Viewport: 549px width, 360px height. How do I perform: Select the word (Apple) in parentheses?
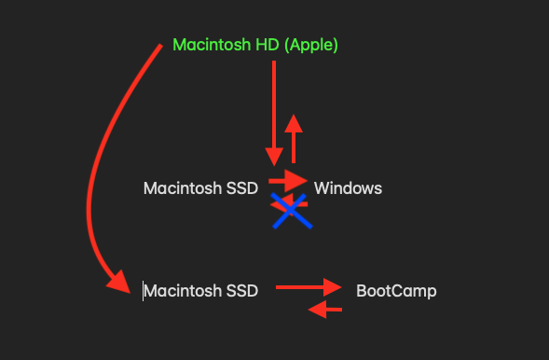pos(311,46)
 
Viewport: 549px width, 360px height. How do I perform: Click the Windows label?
pos(348,188)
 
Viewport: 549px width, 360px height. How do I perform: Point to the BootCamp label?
pos(396,291)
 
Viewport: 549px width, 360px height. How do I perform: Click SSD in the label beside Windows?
pos(242,188)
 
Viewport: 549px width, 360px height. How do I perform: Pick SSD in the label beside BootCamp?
pos(242,291)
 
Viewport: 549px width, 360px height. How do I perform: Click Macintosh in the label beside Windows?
pos(183,188)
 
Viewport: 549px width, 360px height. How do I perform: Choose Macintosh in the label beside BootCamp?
pos(183,291)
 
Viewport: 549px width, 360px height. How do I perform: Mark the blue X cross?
pos(292,211)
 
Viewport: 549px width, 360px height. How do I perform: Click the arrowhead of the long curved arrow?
pos(119,282)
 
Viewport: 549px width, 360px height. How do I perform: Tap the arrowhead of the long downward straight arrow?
pos(274,157)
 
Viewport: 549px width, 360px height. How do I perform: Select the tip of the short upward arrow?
pos(294,115)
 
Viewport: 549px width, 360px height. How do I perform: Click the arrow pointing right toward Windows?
pos(288,181)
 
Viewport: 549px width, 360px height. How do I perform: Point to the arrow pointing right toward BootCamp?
pos(309,287)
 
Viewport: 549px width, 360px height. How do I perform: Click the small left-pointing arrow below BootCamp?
pos(325,310)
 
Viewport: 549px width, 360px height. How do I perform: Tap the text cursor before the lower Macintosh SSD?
pos(143,291)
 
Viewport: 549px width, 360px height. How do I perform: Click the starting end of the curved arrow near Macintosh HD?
pos(160,46)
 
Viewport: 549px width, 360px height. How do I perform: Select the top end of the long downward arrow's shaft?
pos(274,62)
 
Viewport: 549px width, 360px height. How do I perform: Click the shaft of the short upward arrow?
pos(294,147)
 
